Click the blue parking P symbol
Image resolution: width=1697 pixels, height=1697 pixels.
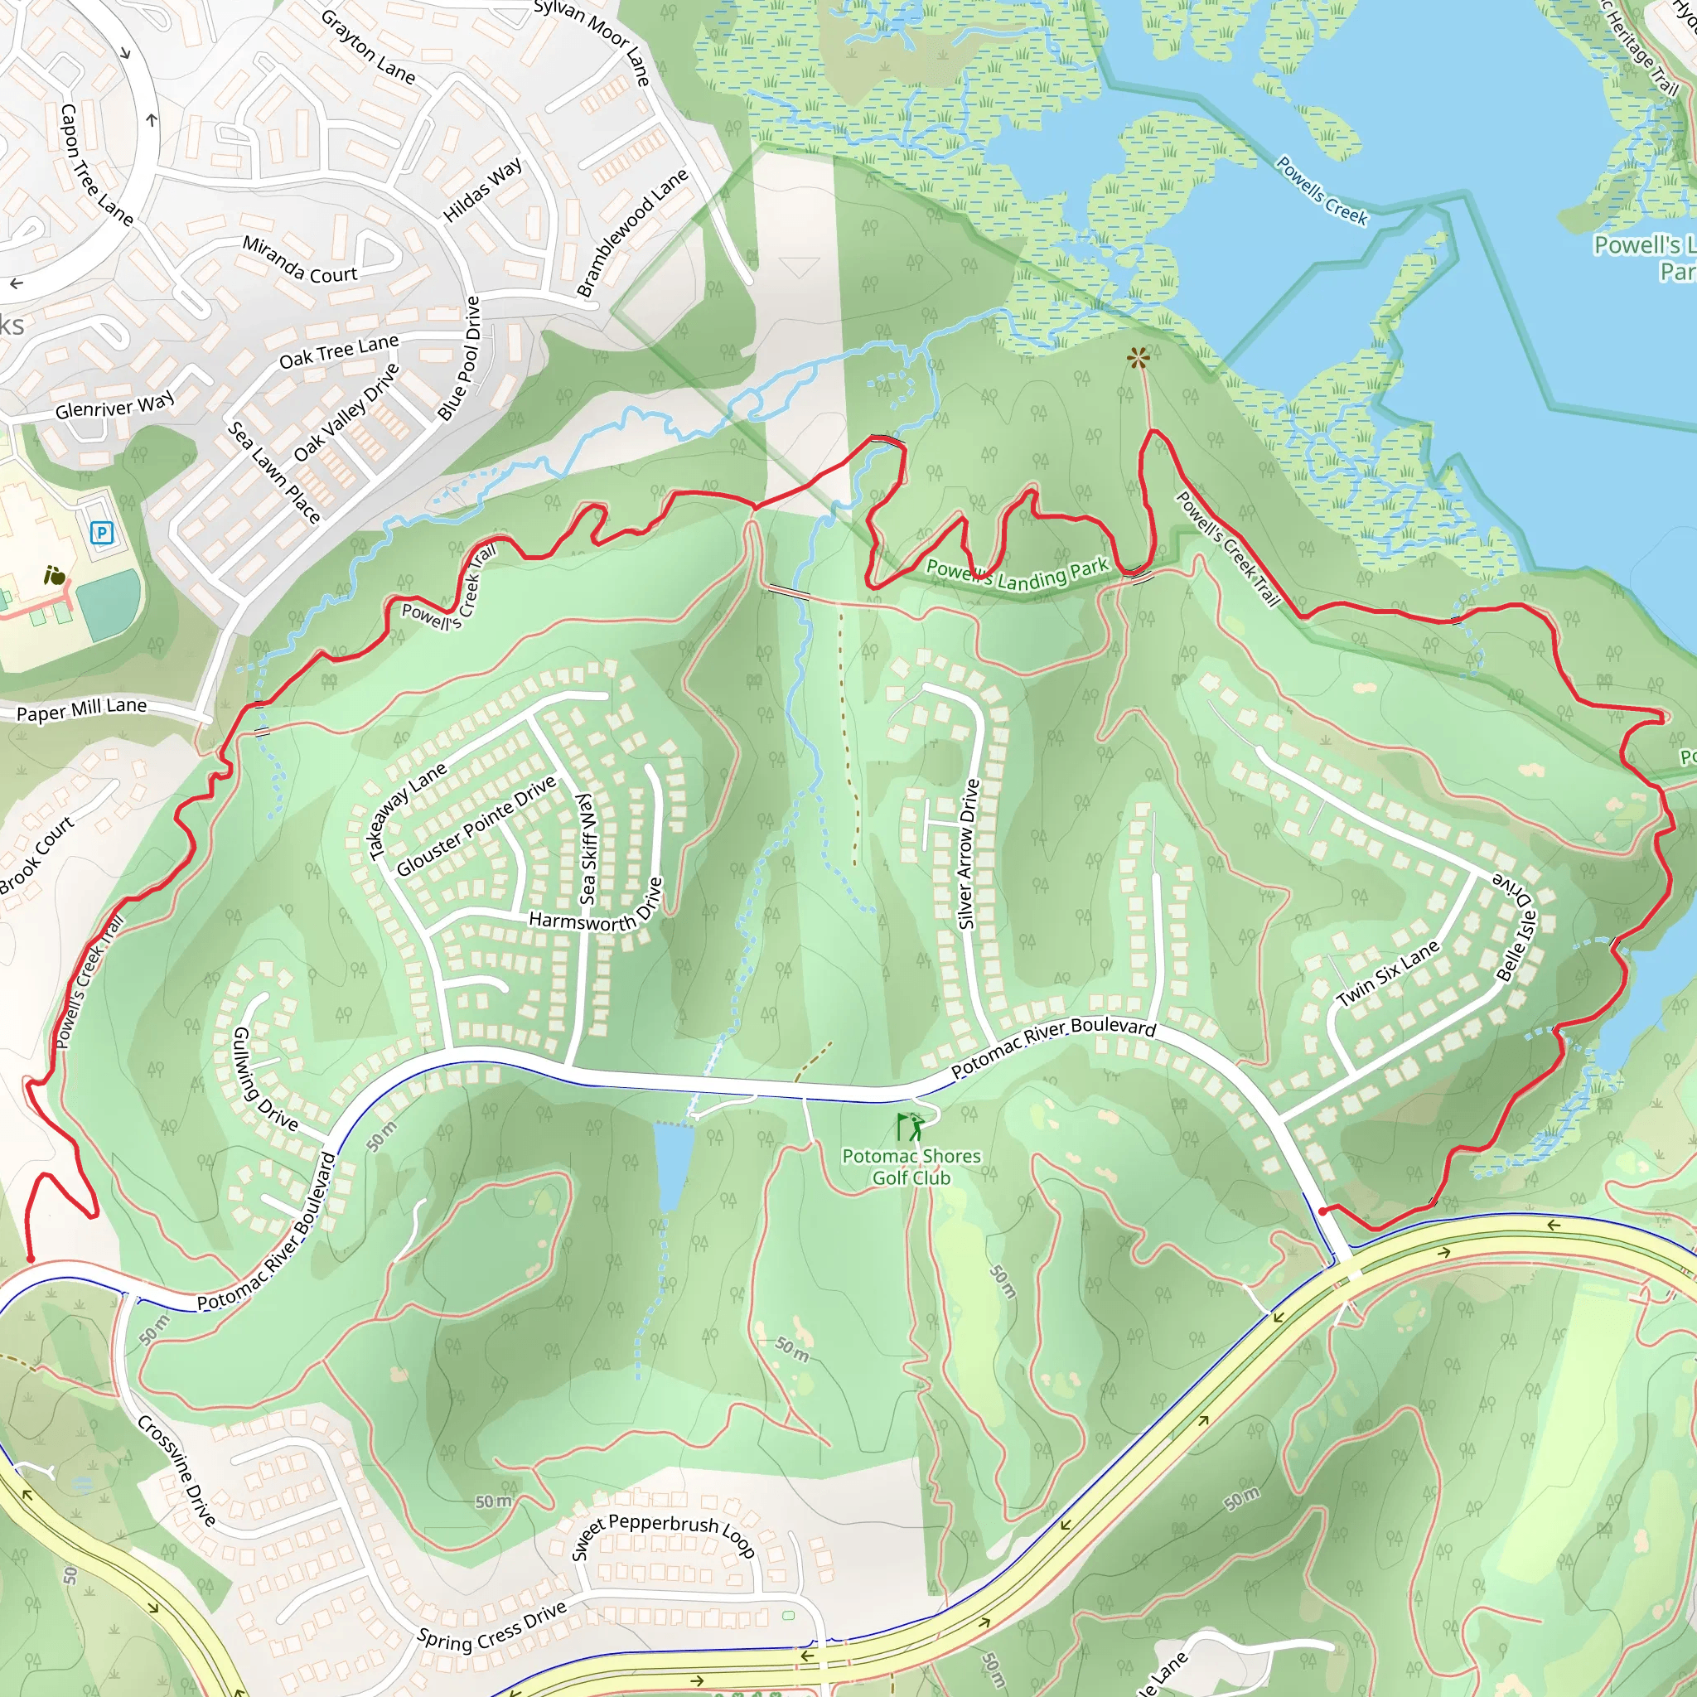[x=102, y=531]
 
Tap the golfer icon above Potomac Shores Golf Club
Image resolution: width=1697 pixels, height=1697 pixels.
[x=911, y=1127]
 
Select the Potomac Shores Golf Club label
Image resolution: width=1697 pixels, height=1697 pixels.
[x=911, y=1168]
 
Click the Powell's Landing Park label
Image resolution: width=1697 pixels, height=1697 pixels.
[x=1018, y=574]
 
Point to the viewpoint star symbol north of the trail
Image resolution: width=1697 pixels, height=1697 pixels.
[x=1139, y=357]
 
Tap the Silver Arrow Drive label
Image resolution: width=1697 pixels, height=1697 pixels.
[x=967, y=853]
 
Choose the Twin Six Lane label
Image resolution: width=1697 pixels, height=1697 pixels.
[x=1388, y=974]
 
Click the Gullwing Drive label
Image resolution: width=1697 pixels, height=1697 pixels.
[x=264, y=1079]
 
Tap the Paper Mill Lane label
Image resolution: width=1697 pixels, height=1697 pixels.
[x=82, y=708]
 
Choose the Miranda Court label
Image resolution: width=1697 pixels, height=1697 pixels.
[x=299, y=260]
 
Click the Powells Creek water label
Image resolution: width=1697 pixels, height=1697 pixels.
[x=1321, y=191]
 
